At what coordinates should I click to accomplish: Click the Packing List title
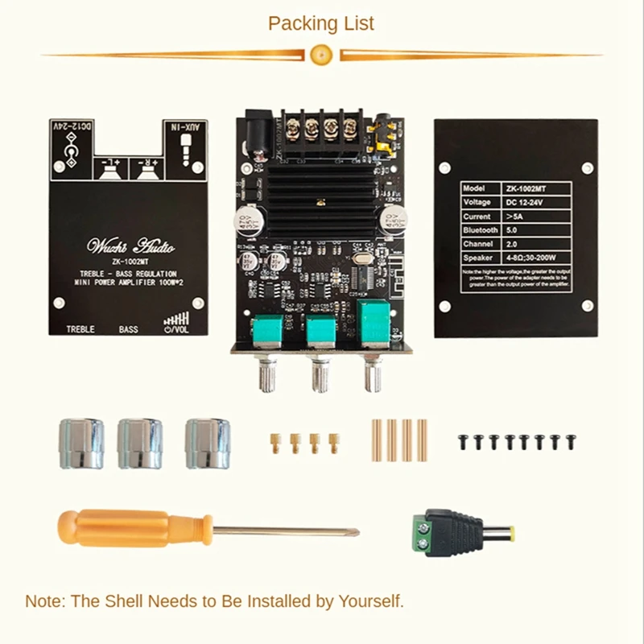[x=321, y=23]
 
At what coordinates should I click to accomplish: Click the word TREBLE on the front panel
[x=80, y=329]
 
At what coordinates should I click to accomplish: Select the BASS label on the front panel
[x=129, y=329]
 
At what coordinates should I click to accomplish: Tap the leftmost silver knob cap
[x=79, y=443]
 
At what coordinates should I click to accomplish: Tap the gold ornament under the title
[x=320, y=54]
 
